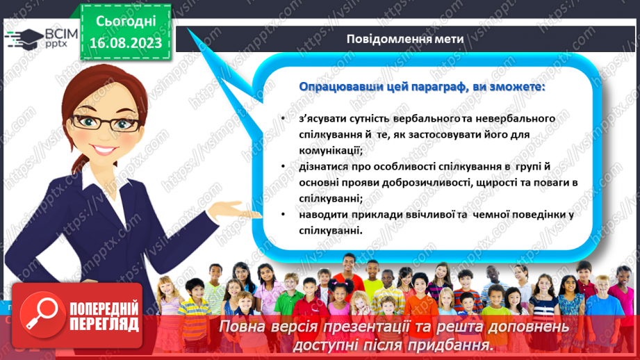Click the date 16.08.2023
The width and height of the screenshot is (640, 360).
(x=126, y=42)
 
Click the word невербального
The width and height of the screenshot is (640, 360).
(x=509, y=119)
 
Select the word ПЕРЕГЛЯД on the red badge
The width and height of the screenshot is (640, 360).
(x=104, y=324)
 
